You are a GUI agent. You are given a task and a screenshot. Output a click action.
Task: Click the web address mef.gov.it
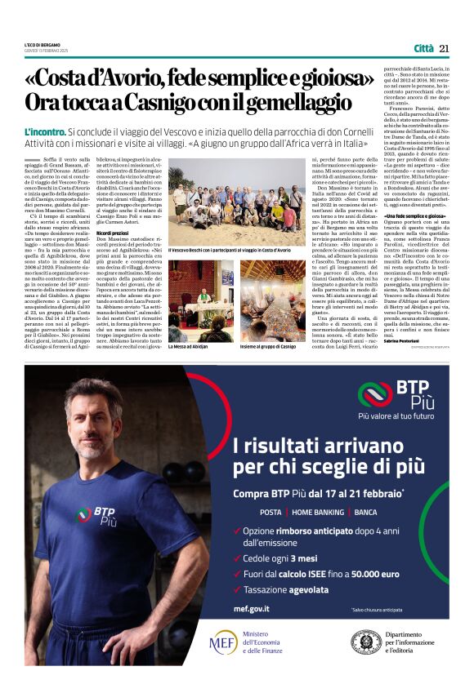[252, 609]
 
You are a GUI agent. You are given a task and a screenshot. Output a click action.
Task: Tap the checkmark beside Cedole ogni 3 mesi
[236, 559]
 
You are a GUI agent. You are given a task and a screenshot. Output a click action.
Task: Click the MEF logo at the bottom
[222, 642]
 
